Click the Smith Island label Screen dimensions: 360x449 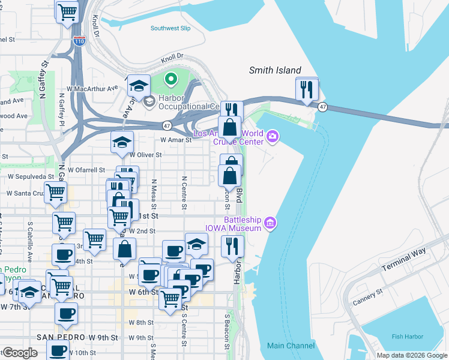click(x=275, y=70)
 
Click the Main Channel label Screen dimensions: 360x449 click(x=291, y=346)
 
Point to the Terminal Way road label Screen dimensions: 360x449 click(x=406, y=258)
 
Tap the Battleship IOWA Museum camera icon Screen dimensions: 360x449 click(x=270, y=224)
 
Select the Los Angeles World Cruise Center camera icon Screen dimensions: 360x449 click(x=273, y=137)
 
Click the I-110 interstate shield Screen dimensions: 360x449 click(x=80, y=41)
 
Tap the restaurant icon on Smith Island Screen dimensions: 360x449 click(x=307, y=90)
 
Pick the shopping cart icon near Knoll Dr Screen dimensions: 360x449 click(x=67, y=11)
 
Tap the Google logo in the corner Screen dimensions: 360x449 click(x=19, y=352)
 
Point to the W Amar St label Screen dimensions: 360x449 click(x=175, y=140)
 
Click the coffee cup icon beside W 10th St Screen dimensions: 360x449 click(x=58, y=350)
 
